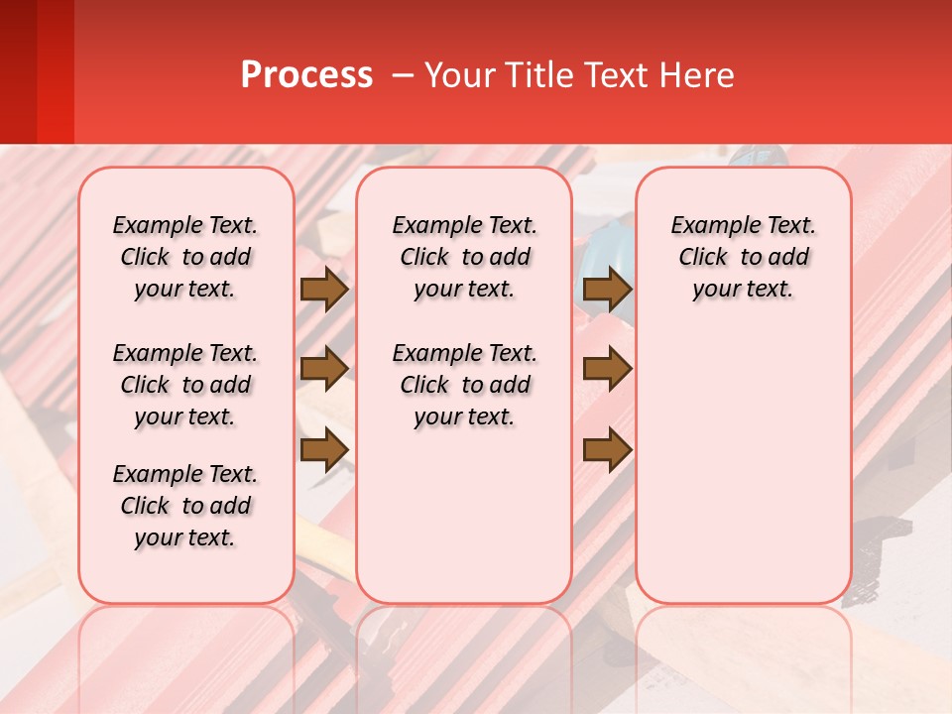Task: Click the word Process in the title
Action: point(306,75)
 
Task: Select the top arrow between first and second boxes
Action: point(324,290)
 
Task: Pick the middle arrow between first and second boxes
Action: point(324,370)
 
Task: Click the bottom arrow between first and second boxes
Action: point(324,449)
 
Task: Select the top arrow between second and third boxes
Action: point(608,290)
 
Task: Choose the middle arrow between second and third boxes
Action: point(608,370)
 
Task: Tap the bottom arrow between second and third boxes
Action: point(608,449)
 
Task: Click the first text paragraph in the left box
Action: point(185,257)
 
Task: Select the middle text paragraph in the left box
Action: point(185,385)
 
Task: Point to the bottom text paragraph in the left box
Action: point(185,506)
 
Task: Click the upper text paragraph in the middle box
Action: point(464,257)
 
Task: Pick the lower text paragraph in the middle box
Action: point(464,385)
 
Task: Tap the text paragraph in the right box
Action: point(743,257)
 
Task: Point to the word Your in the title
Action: point(460,75)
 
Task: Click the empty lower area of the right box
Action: point(743,466)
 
